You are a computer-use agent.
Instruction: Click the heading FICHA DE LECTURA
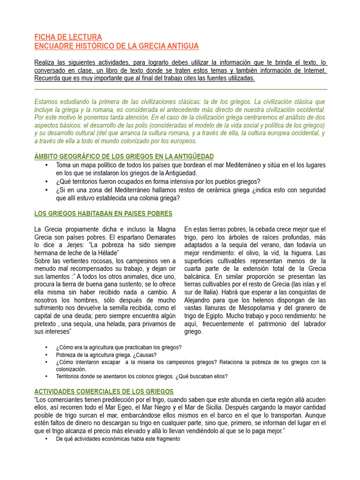click(68, 37)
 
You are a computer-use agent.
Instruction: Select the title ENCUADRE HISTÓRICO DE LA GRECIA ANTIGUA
click(117, 46)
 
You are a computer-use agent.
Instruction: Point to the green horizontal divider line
click(181, 89)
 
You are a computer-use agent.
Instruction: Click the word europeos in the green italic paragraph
click(185, 141)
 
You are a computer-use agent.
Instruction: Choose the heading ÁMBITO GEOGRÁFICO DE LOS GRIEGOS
click(124, 156)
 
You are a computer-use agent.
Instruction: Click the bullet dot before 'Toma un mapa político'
click(46, 165)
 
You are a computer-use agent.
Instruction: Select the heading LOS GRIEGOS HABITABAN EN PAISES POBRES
click(104, 214)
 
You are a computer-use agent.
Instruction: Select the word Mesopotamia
click(259, 308)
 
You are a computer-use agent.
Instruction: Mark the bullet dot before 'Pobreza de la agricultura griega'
click(46, 355)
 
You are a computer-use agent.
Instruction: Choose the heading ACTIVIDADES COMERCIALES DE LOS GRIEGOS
click(104, 391)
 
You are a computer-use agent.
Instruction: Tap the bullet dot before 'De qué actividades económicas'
click(46, 438)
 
